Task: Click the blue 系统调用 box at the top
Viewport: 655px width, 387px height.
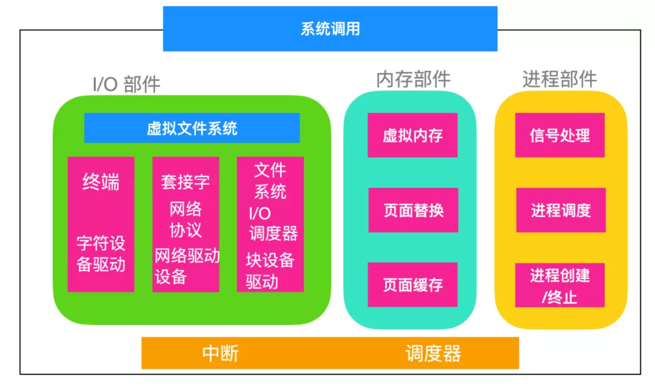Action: pos(330,29)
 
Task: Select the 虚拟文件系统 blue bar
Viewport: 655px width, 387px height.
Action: pos(192,128)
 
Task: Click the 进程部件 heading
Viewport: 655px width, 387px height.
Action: pos(559,79)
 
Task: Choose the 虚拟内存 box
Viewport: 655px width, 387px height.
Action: pos(412,135)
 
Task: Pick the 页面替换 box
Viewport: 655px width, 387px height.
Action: pos(413,210)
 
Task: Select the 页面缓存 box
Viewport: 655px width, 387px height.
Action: pos(412,284)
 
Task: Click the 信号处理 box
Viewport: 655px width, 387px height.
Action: pos(560,135)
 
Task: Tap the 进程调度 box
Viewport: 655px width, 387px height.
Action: pos(560,210)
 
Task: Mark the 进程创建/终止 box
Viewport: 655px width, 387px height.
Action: pos(560,285)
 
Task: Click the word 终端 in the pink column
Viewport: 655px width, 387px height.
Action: pos(101,182)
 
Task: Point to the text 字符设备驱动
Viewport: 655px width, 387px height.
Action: pos(101,254)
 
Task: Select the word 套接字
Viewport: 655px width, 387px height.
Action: pos(185,181)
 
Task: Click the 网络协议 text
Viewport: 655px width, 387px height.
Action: pos(185,220)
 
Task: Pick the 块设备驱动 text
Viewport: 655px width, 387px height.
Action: pos(269,271)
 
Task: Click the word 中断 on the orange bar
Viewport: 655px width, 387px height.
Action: pos(220,354)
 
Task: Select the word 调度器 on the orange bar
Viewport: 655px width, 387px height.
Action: pos(433,354)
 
